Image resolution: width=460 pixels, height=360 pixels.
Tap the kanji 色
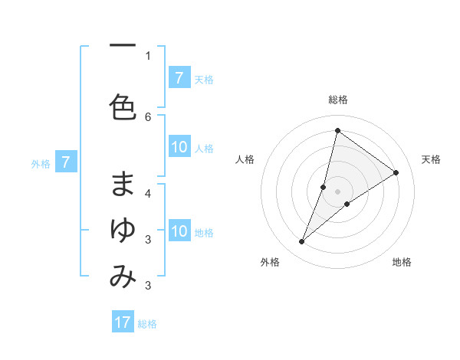click(123, 106)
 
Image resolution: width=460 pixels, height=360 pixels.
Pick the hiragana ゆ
click(123, 230)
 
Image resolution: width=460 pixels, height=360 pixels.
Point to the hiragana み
click(123, 277)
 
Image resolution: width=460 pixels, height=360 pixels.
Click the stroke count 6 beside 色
click(148, 116)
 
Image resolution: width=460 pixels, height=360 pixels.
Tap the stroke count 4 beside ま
click(148, 193)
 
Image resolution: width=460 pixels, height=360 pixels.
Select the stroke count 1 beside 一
click(148, 55)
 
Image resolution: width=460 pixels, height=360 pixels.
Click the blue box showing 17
click(123, 322)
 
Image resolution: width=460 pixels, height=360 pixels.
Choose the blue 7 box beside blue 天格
click(179, 77)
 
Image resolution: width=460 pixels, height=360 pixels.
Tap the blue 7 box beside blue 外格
click(66, 162)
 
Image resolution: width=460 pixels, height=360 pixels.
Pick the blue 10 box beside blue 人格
click(179, 148)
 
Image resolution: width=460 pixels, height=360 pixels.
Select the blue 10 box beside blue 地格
click(179, 231)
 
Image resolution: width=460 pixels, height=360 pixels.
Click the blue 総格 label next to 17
click(147, 324)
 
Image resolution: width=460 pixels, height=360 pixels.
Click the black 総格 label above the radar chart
click(338, 100)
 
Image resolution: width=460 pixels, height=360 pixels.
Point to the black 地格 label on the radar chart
click(402, 263)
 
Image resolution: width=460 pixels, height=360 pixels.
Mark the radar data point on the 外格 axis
click(302, 242)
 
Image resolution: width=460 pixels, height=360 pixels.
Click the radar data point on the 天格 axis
click(396, 172)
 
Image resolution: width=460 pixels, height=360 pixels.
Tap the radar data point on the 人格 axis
click(324, 187)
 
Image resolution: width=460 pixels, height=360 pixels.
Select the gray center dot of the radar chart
click(338, 191)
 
